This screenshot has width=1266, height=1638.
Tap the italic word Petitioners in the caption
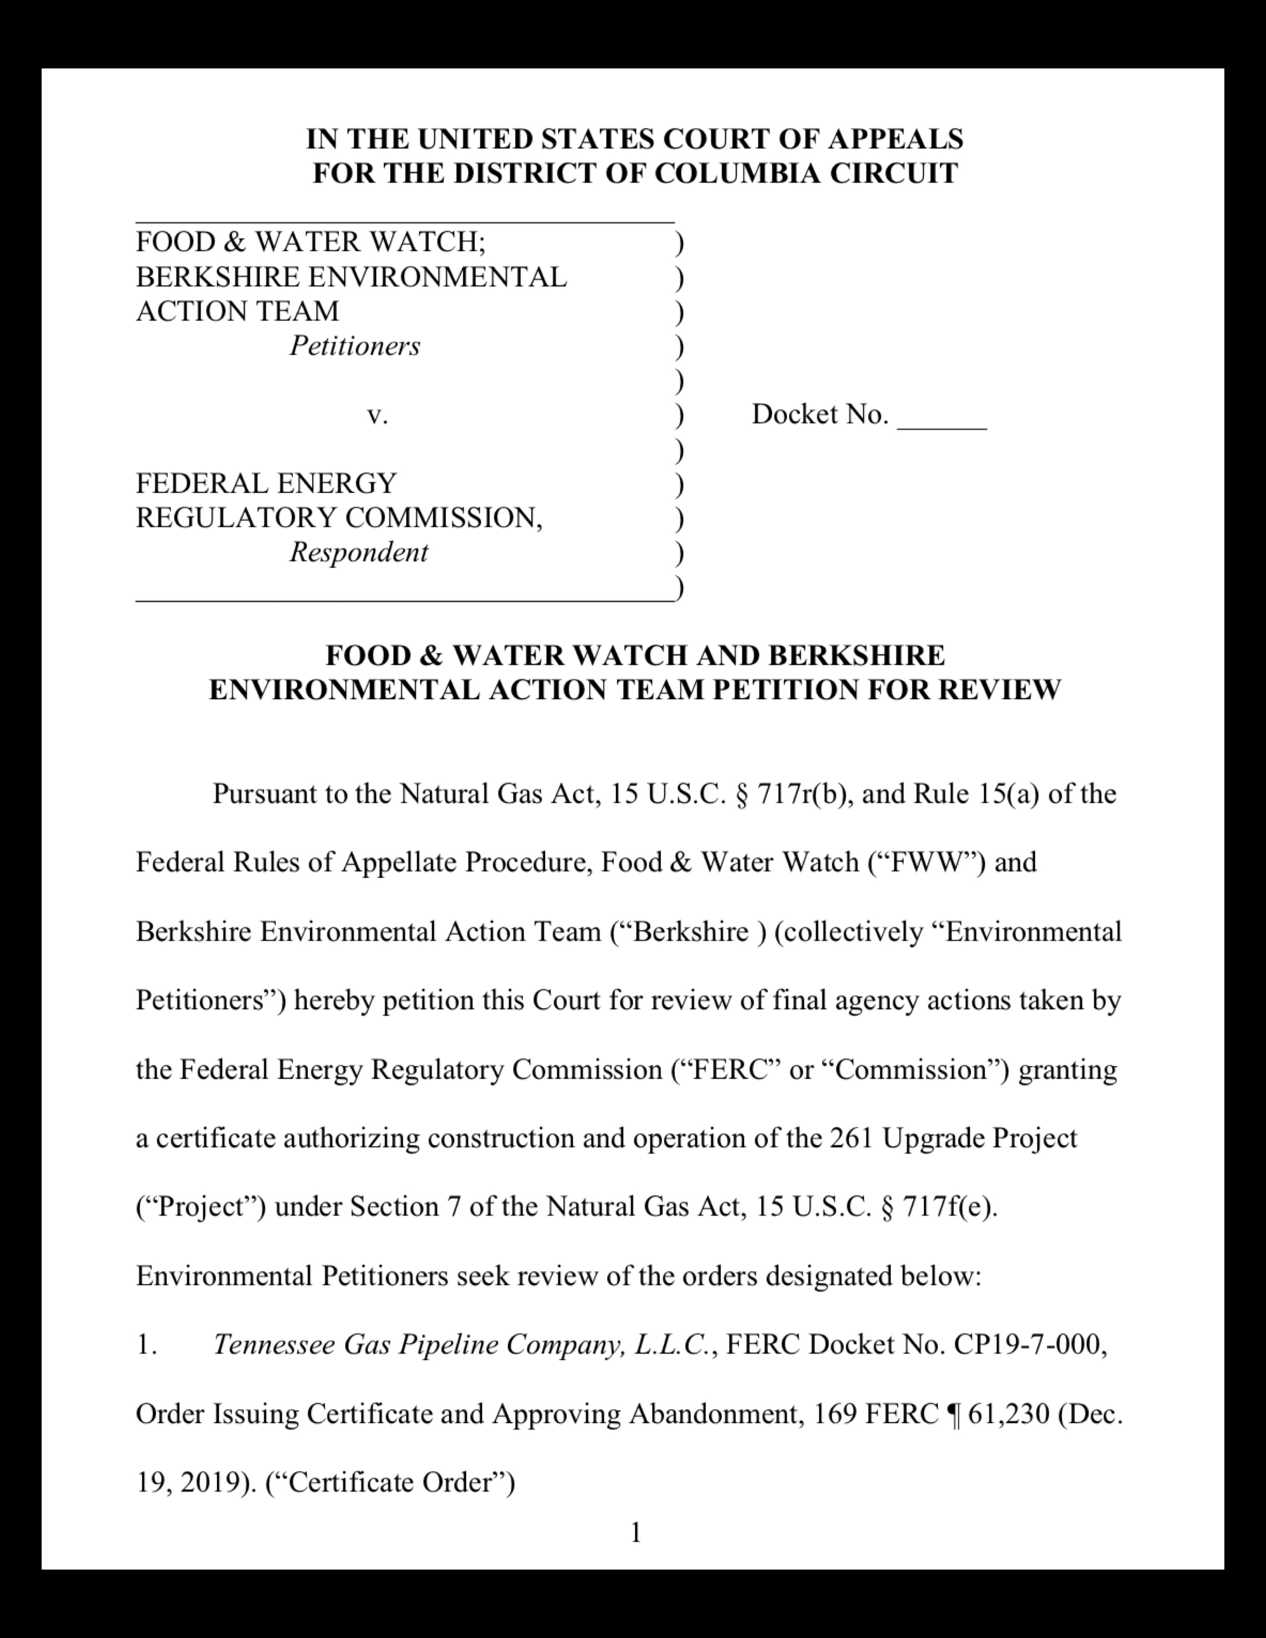355,346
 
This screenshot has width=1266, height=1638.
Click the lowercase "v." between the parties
377,415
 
